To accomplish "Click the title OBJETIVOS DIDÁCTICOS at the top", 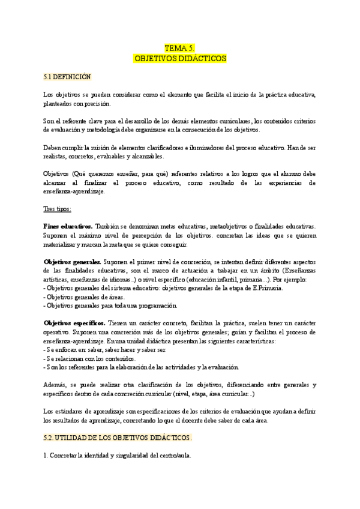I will click(x=179, y=58).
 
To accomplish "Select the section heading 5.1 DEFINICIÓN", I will click(x=67, y=77).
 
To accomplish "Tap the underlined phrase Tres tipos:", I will click(x=58, y=209).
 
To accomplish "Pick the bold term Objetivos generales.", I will click(x=73, y=262).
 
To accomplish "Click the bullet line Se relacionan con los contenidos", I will click(x=89, y=358).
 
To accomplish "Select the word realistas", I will click(x=58, y=157).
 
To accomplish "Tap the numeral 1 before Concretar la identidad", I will click(x=46, y=456).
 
